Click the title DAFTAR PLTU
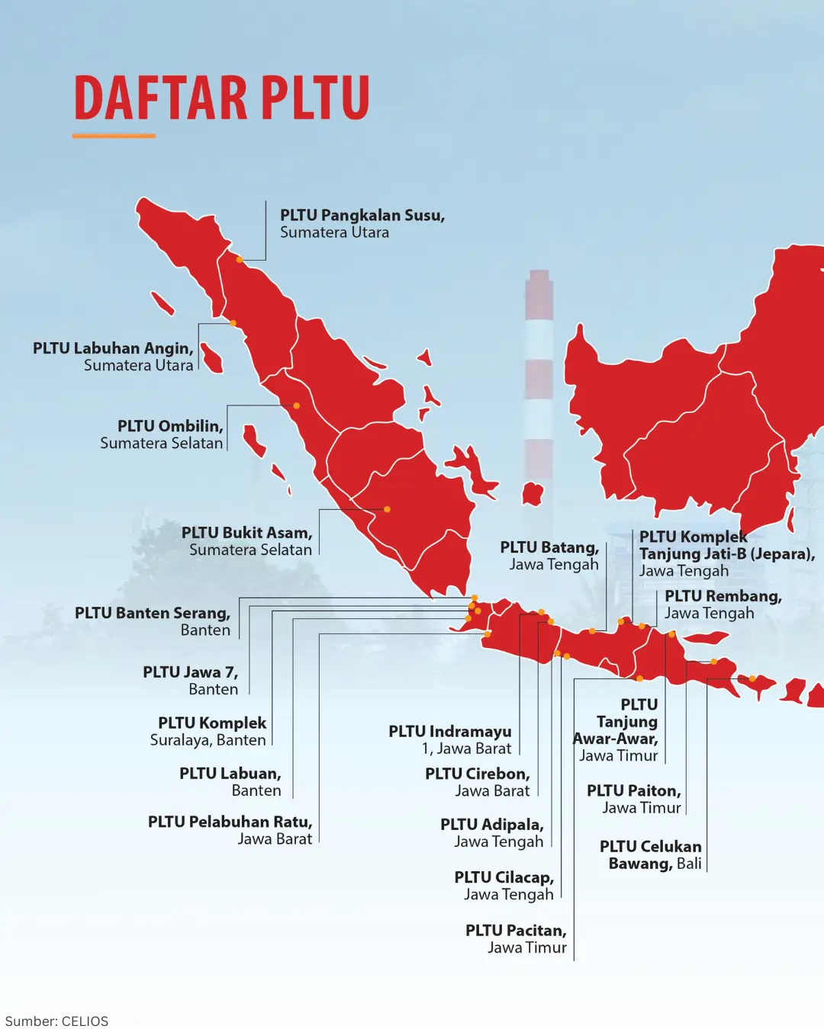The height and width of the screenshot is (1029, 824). coord(221,98)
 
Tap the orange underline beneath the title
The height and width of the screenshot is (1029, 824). coord(114,136)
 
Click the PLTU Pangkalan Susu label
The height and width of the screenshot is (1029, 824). coord(362,223)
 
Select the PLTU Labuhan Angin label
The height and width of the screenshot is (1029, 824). coord(113,357)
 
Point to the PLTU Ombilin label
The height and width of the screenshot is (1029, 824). coord(163,434)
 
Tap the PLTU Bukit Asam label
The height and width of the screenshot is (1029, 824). coord(246,541)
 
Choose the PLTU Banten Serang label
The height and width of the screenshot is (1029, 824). coord(153,621)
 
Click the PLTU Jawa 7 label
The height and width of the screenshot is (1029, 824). coord(191,680)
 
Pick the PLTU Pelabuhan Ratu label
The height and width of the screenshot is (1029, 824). coord(230,830)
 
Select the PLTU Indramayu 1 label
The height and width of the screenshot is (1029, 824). coord(450,740)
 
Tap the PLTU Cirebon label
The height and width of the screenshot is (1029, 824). coord(478,782)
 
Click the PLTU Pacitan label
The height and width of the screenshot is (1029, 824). coord(517,939)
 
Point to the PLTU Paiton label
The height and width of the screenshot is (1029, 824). coord(634,799)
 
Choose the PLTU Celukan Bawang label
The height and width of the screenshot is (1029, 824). coord(651,854)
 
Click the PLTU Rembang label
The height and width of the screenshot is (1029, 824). coord(723,604)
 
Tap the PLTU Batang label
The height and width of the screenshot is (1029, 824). coord(550,556)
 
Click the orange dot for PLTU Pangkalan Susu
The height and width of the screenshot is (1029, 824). coord(240,260)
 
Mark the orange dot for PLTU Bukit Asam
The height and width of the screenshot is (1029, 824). coord(387,509)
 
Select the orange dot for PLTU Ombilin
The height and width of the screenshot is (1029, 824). coord(297,406)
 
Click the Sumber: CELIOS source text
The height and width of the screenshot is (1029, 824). coord(57,1021)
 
